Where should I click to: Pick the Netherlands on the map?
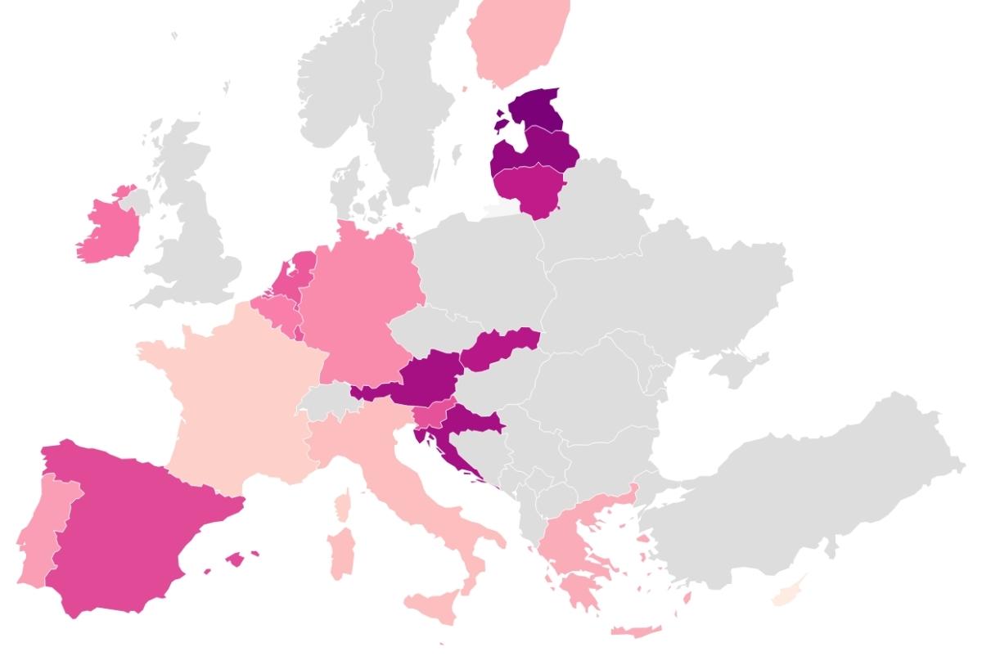295,270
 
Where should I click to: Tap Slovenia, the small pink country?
434,413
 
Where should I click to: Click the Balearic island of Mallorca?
235,559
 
